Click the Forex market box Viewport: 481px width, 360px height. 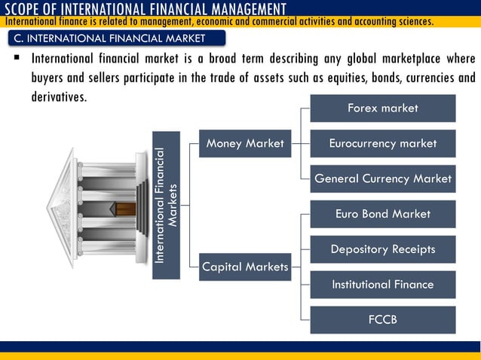pos(383,108)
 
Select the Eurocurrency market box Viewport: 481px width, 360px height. pos(383,143)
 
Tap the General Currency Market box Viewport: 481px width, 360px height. pos(383,178)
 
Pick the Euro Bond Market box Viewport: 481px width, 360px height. pos(383,214)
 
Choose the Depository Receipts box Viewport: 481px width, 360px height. pos(383,249)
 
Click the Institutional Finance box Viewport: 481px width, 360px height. pos(383,285)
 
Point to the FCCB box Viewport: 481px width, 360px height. pos(383,320)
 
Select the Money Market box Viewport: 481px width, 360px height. pos(245,143)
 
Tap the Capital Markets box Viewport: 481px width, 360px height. pos(245,267)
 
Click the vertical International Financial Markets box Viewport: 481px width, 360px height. pos(166,205)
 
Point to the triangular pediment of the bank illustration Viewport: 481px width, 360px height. pos(62,206)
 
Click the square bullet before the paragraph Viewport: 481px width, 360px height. pos(15,58)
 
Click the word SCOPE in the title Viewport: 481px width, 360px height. pos(25,9)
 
